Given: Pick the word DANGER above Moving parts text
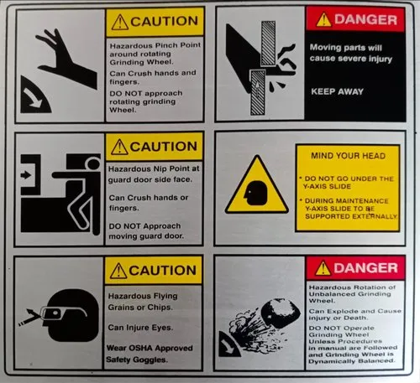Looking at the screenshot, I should (364, 19).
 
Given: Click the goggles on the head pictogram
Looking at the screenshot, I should (50, 313).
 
